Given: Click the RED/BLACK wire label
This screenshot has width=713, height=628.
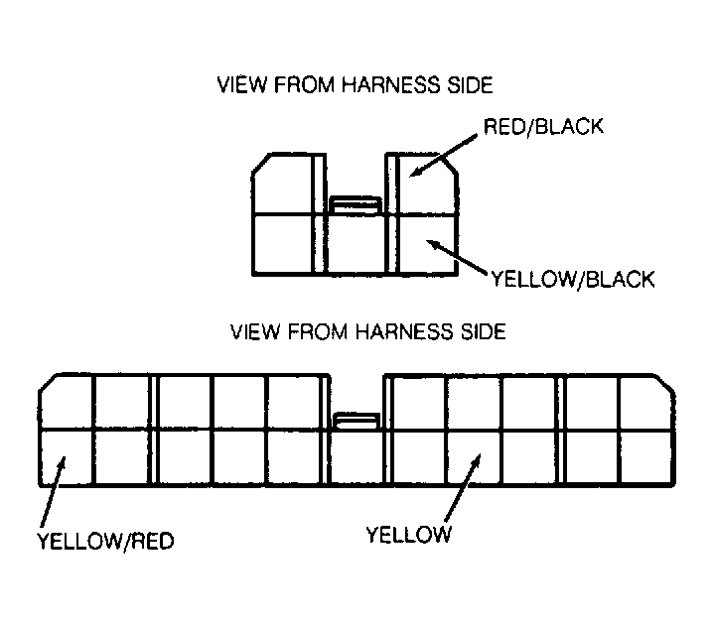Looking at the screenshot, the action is click(x=543, y=126).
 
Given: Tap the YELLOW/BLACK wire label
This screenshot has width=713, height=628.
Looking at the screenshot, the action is click(x=573, y=279).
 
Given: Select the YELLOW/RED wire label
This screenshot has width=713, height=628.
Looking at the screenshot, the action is click(x=105, y=541).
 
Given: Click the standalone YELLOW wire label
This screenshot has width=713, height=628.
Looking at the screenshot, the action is click(x=409, y=535).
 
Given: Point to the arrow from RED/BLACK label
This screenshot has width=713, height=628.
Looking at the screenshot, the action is click(x=443, y=156).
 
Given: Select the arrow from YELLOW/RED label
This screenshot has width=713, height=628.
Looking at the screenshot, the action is click(x=53, y=491).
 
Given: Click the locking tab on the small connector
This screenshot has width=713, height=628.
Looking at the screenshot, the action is click(x=356, y=205).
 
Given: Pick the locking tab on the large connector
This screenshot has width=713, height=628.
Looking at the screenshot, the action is click(x=356, y=421).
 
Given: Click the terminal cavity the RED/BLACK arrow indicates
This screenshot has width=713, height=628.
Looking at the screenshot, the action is click(x=427, y=185).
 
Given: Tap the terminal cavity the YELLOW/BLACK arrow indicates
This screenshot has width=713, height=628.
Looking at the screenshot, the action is click(x=427, y=244).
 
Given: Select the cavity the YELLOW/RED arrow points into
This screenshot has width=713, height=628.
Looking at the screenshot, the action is click(x=67, y=457).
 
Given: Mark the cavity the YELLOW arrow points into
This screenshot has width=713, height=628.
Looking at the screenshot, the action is click(x=475, y=457).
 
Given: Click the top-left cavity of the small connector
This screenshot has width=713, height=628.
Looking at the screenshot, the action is click(x=282, y=185).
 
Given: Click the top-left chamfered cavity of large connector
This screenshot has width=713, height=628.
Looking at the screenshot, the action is click(x=67, y=402).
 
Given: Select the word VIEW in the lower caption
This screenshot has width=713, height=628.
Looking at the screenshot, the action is click(x=254, y=331).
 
